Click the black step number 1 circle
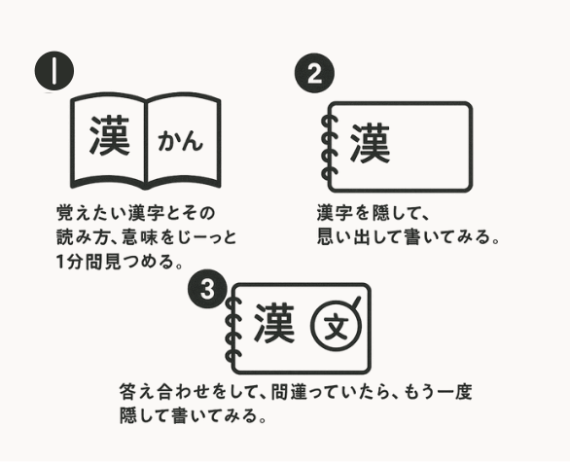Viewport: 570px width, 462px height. click(x=54, y=71)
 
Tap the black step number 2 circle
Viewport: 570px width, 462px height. click(x=314, y=73)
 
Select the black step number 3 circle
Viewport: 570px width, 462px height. click(x=207, y=289)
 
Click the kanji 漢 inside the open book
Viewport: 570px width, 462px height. click(x=109, y=135)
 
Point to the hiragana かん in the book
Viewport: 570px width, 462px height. click(x=180, y=141)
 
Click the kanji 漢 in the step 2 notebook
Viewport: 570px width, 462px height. click(x=370, y=142)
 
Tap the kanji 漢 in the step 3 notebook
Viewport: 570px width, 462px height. click(x=274, y=323)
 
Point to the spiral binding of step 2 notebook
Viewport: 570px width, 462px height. click(x=329, y=147)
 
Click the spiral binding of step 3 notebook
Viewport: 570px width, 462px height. click(x=232, y=329)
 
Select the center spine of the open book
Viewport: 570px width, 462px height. click(x=146, y=142)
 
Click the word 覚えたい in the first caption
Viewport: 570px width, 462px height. click(x=92, y=213)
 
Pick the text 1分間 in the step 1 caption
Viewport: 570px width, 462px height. click(x=80, y=262)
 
